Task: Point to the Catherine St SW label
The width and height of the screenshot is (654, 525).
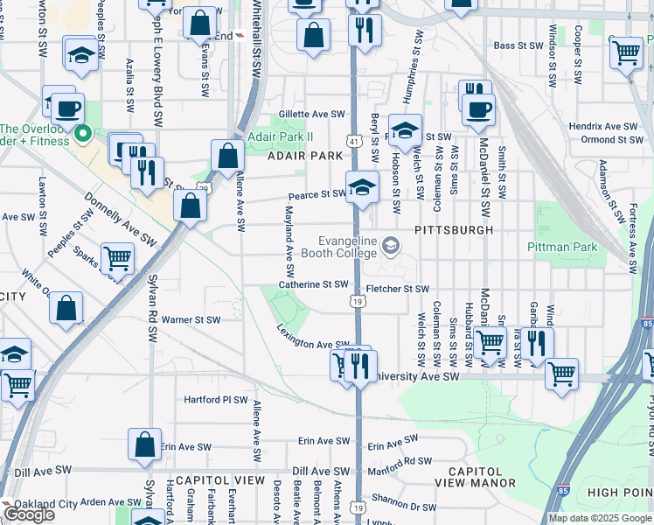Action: coord(314,284)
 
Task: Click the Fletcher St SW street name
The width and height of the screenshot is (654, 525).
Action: coord(398,289)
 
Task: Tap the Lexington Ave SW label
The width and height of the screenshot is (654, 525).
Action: coord(314,339)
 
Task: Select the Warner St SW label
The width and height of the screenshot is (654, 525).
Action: coord(190,319)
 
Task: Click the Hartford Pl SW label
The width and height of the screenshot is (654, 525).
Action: coord(216,399)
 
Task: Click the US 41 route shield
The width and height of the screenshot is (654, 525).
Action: coord(351,140)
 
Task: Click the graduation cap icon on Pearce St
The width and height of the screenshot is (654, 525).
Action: coord(362,186)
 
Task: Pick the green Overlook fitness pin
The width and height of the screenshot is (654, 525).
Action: coord(84,134)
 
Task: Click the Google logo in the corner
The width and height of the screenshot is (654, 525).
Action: coord(28,514)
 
